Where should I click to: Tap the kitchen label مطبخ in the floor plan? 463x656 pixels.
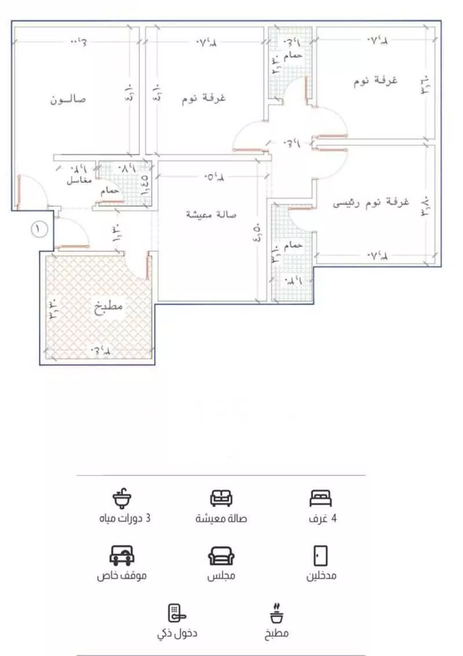click(109, 306)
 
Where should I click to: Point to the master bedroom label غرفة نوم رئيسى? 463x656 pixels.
click(371, 203)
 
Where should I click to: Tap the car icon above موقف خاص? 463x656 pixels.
click(122, 555)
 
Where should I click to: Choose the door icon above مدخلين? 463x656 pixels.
click(319, 555)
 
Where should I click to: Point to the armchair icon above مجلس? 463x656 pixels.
click(221, 556)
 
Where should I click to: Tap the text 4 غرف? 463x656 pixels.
click(322, 518)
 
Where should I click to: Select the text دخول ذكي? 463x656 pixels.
click(177, 633)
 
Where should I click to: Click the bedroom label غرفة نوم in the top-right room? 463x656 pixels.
click(376, 81)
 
